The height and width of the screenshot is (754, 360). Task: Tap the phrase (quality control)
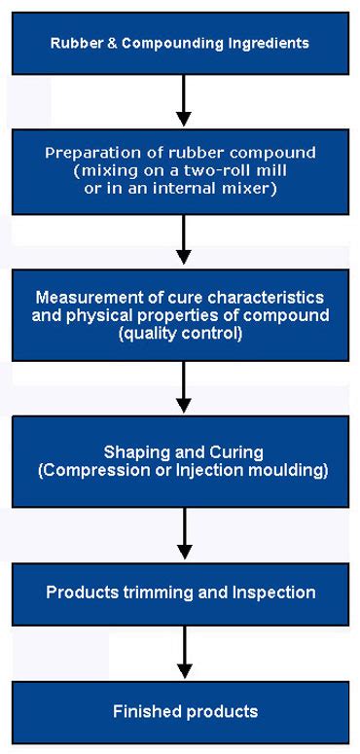182,331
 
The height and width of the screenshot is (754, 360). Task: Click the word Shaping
131,454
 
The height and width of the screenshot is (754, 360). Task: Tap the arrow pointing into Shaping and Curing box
182,386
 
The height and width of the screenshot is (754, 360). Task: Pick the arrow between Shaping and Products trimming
182,533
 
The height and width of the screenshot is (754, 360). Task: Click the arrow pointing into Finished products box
182,652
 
